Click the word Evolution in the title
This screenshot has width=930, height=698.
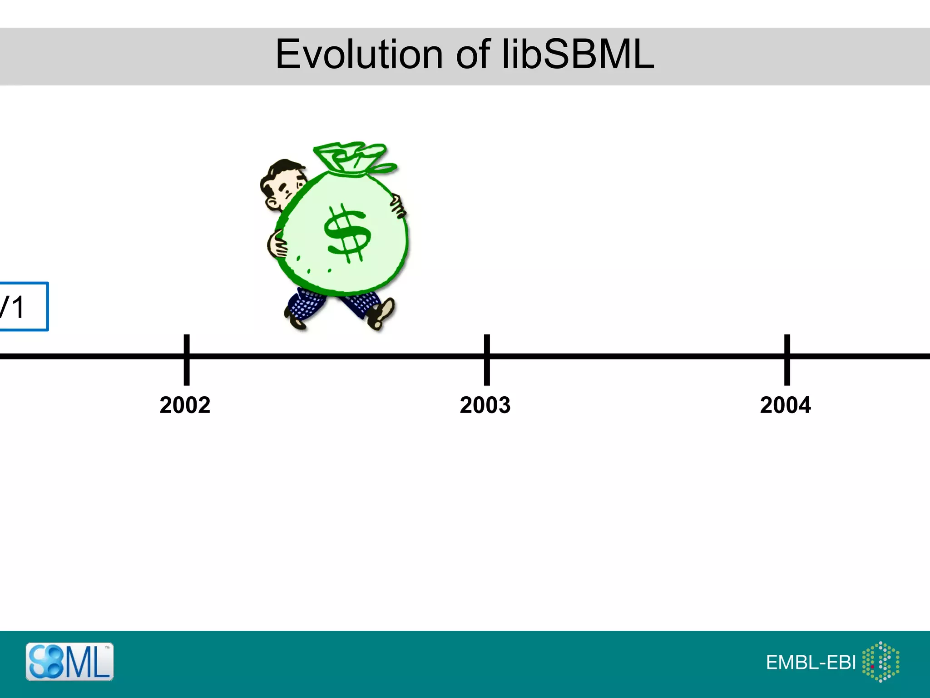[359, 55]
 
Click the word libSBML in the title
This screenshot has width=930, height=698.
[578, 55]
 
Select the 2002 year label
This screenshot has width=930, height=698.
[185, 405]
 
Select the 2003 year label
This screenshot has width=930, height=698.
[485, 405]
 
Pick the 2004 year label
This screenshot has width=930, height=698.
[785, 405]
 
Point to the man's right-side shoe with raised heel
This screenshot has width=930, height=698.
[381, 314]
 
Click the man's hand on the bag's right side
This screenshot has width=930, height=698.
[397, 204]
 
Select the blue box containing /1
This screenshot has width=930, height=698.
[23, 306]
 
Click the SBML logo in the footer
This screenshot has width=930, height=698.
[69, 662]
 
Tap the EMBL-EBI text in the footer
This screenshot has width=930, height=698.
[811, 663]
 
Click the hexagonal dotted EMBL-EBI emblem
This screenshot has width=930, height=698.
[881, 662]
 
